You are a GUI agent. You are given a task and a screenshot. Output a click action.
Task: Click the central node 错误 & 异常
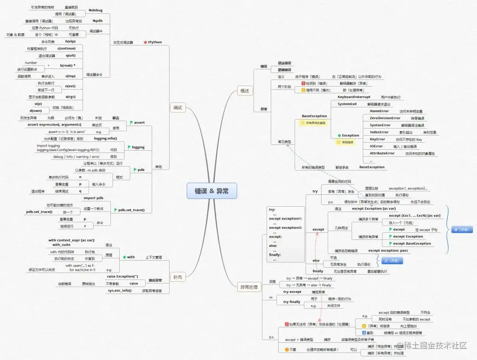(212, 191)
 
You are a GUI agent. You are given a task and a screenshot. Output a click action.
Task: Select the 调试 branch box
(177, 107)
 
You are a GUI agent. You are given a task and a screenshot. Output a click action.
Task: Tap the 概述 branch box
(244, 91)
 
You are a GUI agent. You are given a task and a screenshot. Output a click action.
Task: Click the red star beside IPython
(145, 42)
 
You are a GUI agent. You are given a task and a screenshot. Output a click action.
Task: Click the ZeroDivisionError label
(385, 118)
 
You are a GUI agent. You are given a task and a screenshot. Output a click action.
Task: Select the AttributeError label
(382, 153)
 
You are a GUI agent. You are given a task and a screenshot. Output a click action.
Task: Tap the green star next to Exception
(339, 136)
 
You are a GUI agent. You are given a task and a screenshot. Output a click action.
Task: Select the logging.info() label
(106, 138)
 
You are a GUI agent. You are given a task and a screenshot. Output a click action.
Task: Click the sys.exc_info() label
(120, 291)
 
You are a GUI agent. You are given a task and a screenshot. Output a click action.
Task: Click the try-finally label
(291, 302)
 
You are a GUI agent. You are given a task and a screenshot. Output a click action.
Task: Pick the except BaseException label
(412, 243)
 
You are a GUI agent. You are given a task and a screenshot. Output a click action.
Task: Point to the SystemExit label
(347, 104)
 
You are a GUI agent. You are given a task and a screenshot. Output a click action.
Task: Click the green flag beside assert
(131, 122)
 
